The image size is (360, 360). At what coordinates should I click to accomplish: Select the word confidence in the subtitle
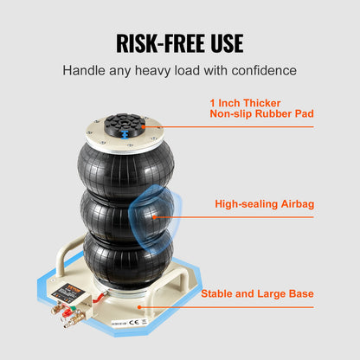[x=262, y=69]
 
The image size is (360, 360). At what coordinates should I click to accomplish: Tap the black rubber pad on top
[x=126, y=126]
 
